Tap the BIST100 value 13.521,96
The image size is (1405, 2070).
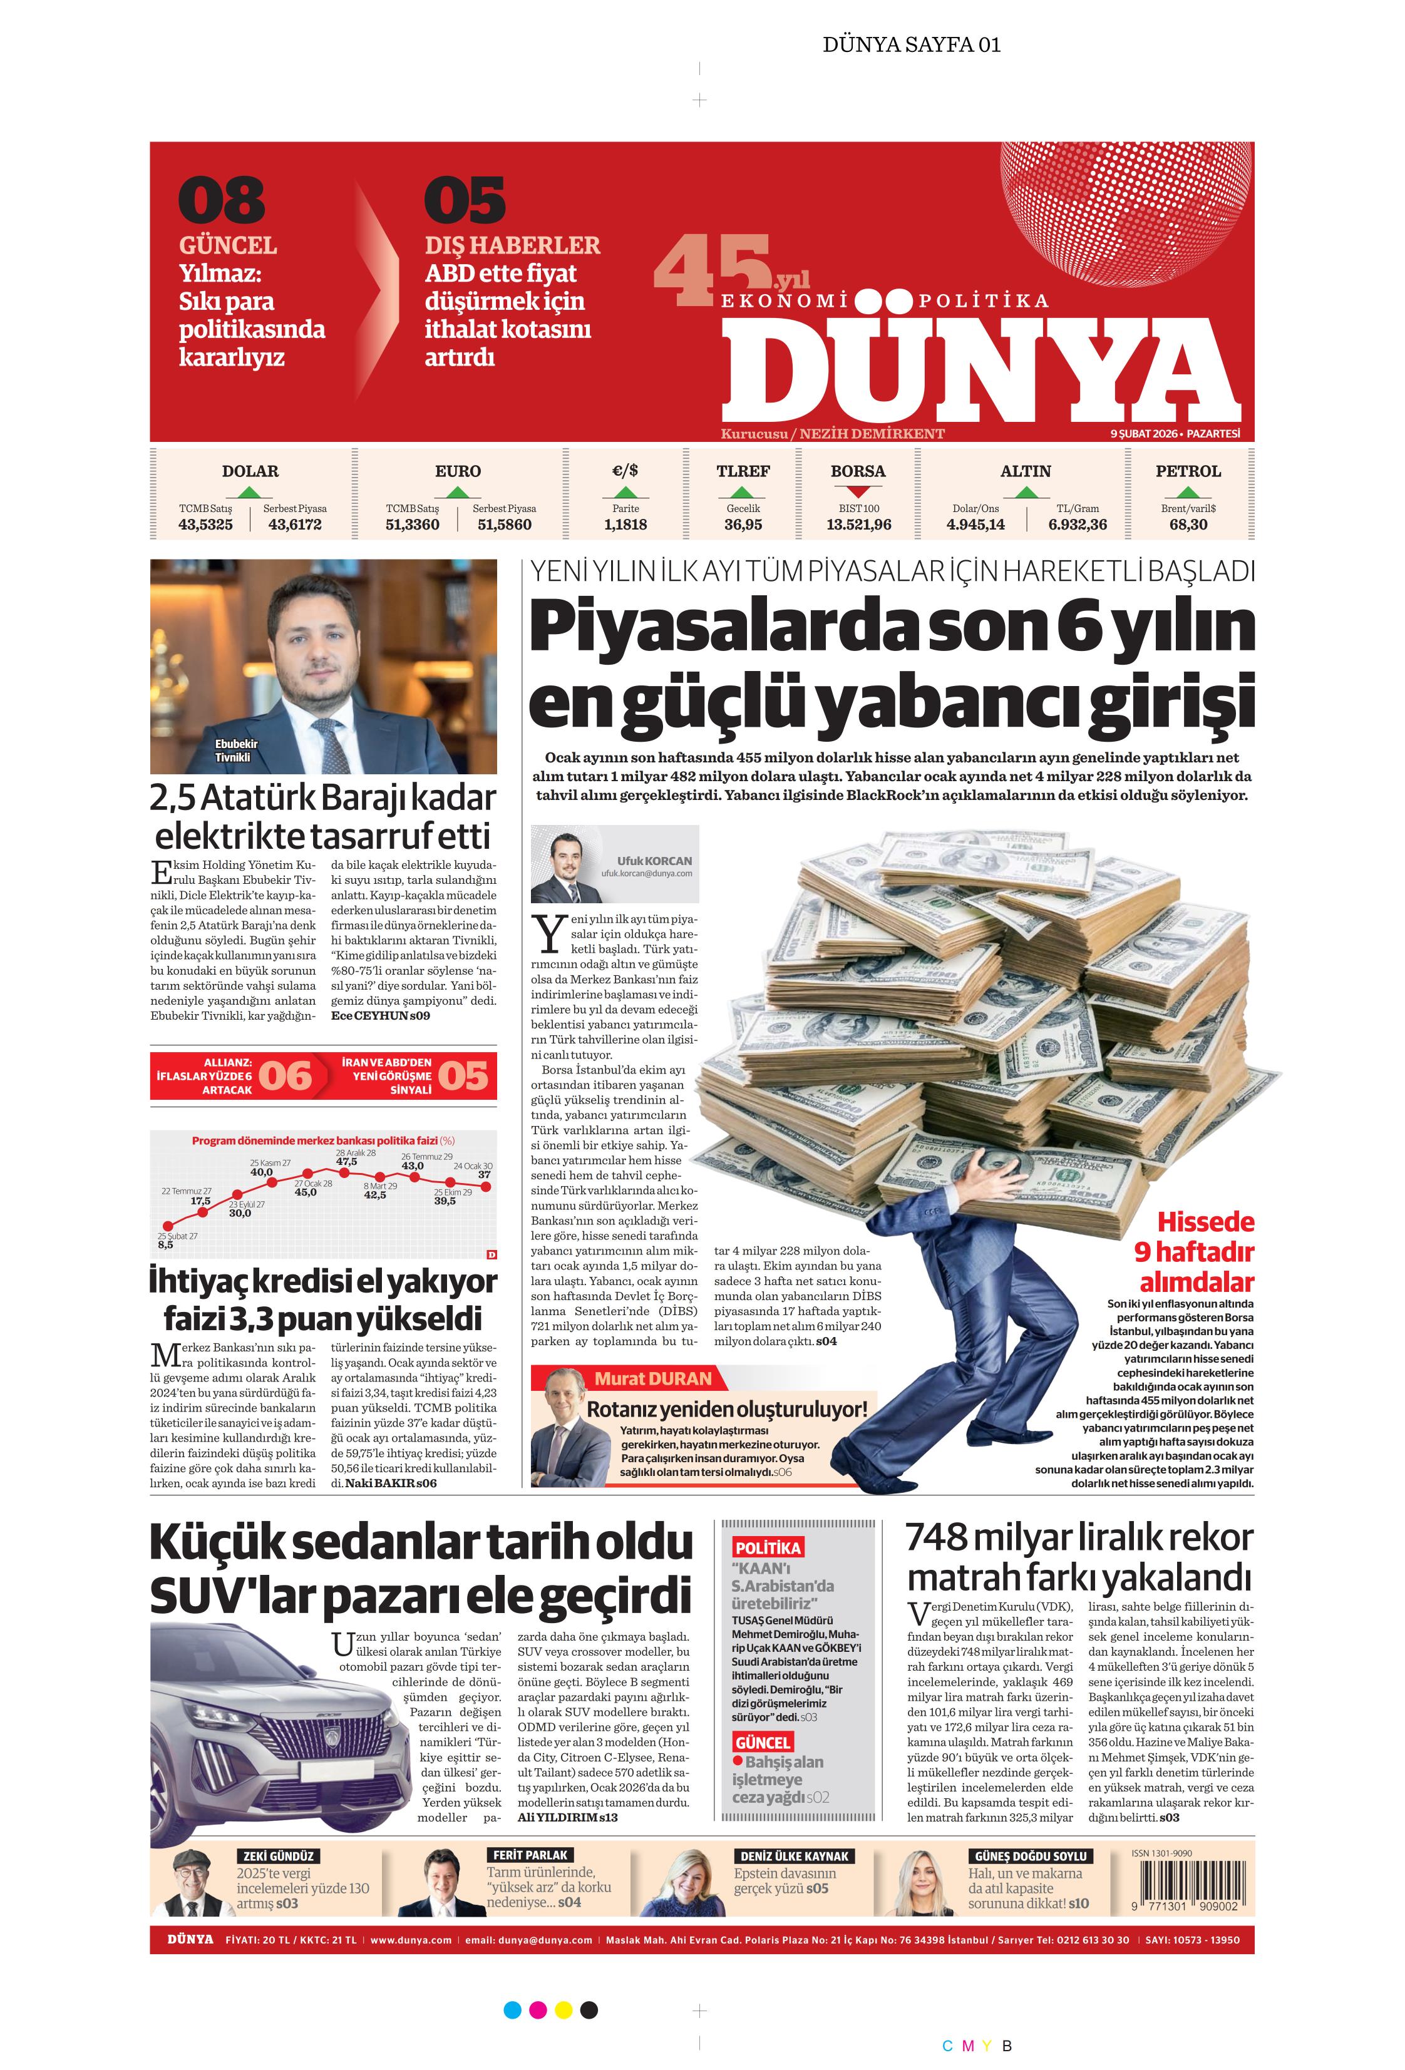click(x=858, y=525)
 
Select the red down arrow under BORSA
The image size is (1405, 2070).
click(x=858, y=491)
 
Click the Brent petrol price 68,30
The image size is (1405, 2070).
click(x=1188, y=525)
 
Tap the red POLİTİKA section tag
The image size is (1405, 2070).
click(x=767, y=1548)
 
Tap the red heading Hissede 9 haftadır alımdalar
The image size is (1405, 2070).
click(x=1195, y=1251)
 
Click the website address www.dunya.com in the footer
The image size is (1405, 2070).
click(x=411, y=1940)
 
